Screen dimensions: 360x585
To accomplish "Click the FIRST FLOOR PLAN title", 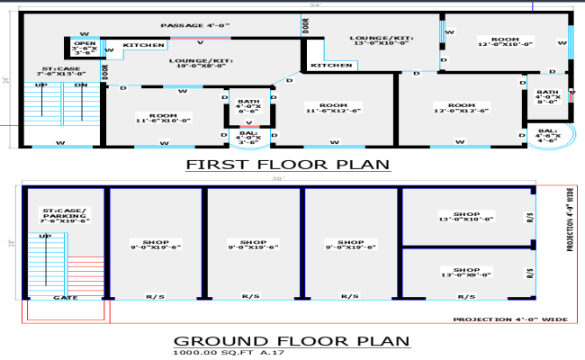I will point(288,164).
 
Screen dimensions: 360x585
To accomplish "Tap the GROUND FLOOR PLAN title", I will point(290,341).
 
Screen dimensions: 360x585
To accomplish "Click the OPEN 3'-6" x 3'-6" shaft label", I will point(85,48).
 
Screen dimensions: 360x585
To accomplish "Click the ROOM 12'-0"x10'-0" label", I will point(505,40).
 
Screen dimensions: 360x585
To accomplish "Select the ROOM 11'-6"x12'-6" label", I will point(333,107).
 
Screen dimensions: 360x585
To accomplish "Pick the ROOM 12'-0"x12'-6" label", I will point(460,107).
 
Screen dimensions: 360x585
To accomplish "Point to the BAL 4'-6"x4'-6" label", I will point(548,136).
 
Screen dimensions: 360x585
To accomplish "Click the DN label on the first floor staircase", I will point(80,85).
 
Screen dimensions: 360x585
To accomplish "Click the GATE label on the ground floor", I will point(65,297).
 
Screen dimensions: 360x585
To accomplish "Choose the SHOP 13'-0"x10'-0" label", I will point(465,216).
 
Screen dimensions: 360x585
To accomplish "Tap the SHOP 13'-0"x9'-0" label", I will point(465,271).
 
